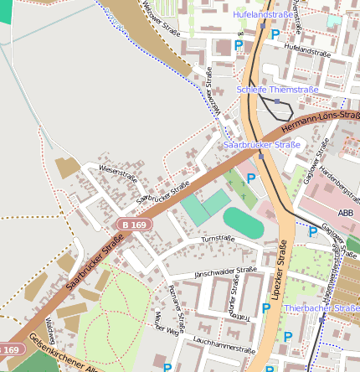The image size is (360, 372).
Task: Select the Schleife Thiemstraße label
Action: point(278,89)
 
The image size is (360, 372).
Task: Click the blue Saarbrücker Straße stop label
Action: point(262,145)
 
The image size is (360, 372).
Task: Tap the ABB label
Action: point(345,214)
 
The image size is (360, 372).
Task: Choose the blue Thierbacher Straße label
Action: point(321,308)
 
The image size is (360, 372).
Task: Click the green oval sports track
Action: point(243,223)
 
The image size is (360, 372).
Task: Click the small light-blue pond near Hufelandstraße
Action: point(334,20)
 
